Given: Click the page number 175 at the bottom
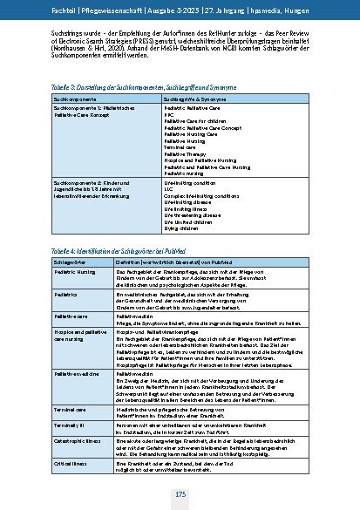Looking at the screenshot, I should tap(180, 494).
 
